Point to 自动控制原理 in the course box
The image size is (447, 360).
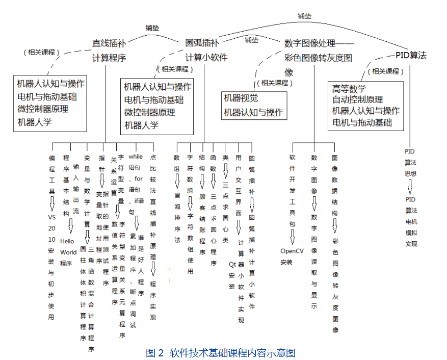click(x=357, y=100)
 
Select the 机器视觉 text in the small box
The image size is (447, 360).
click(x=241, y=98)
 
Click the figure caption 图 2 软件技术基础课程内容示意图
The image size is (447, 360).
click(x=221, y=352)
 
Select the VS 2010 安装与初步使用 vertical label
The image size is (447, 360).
click(x=51, y=265)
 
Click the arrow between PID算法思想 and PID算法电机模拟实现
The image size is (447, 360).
click(x=410, y=187)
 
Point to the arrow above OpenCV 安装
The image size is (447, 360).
click(x=293, y=236)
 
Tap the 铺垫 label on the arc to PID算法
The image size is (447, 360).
click(x=304, y=16)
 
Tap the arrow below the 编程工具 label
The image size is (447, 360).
click(x=51, y=204)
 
